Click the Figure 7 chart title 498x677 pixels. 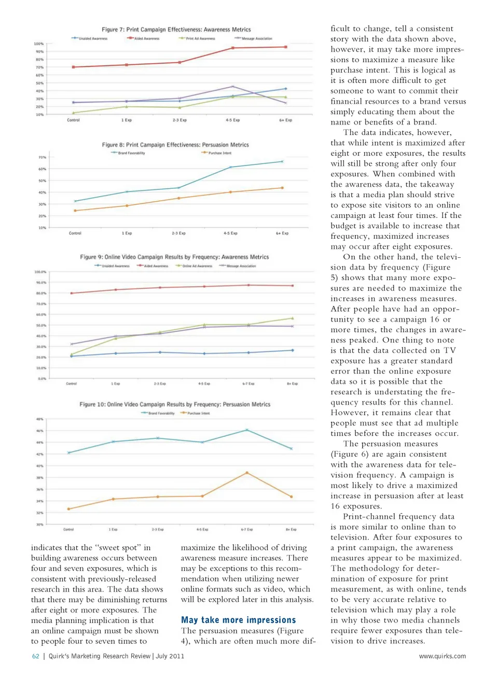coord(176,30)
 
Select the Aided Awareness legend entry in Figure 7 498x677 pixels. coord(144,38)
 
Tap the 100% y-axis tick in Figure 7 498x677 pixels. coord(39,44)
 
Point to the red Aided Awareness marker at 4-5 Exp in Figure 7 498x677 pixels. coord(232,48)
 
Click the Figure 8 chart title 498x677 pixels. coord(175,145)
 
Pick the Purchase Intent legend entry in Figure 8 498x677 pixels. coord(216,153)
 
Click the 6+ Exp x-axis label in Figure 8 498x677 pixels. coord(282,233)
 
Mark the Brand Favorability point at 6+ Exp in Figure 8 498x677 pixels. coord(282,161)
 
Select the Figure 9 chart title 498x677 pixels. coord(174,257)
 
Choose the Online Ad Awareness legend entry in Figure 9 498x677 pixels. coord(194,266)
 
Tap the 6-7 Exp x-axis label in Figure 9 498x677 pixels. coord(248,384)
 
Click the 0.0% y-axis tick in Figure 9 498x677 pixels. coord(41,379)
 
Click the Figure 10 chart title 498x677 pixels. coord(175,404)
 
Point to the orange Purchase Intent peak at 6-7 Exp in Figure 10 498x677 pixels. coord(247,473)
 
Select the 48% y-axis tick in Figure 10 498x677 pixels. coord(39,419)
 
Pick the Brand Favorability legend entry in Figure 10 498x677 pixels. coord(158,413)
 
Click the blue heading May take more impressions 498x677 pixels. coord(238,620)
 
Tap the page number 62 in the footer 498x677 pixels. coord(36,656)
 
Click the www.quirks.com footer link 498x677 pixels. coord(442,656)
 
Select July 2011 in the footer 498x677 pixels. coord(170,656)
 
